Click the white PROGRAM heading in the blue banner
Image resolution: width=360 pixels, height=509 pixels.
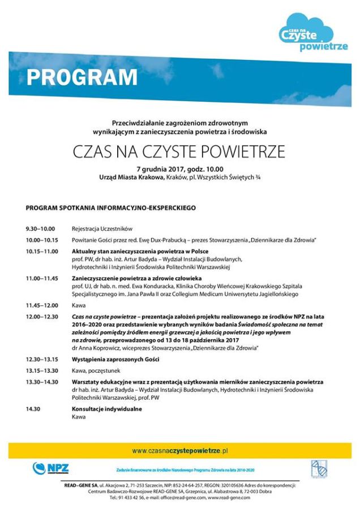click(82, 77)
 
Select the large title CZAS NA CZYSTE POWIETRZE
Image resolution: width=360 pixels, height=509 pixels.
click(179, 153)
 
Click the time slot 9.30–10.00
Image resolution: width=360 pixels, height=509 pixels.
click(40, 229)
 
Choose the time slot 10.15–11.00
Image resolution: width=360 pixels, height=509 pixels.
click(41, 251)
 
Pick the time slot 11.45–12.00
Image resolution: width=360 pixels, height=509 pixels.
click(42, 305)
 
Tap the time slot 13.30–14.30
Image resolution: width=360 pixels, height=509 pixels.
click(42, 382)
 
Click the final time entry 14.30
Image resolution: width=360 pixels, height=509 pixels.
click(33, 409)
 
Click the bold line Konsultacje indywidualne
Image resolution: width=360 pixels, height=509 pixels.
click(106, 409)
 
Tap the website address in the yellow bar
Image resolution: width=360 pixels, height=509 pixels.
click(179, 451)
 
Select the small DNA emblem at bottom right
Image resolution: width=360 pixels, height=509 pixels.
click(317, 469)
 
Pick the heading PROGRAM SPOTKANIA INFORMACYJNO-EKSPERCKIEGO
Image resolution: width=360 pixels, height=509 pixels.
click(111, 208)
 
